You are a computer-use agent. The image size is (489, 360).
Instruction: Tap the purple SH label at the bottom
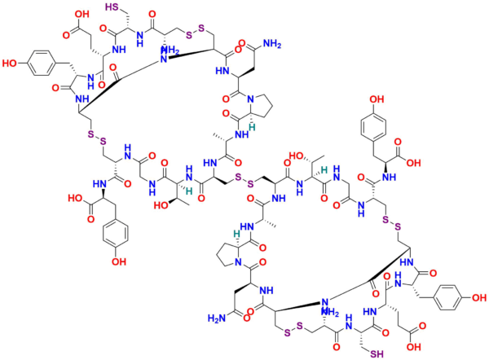coord(376,352)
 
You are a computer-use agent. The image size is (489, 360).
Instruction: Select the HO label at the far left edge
coord(9,62)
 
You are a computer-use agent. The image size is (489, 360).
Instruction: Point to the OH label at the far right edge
coord(478,298)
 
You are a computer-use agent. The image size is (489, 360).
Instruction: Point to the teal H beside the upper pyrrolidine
coord(253,126)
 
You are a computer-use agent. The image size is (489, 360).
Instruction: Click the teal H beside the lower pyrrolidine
coord(237,234)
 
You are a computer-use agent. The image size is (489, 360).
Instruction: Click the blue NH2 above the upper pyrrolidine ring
coord(272,42)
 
